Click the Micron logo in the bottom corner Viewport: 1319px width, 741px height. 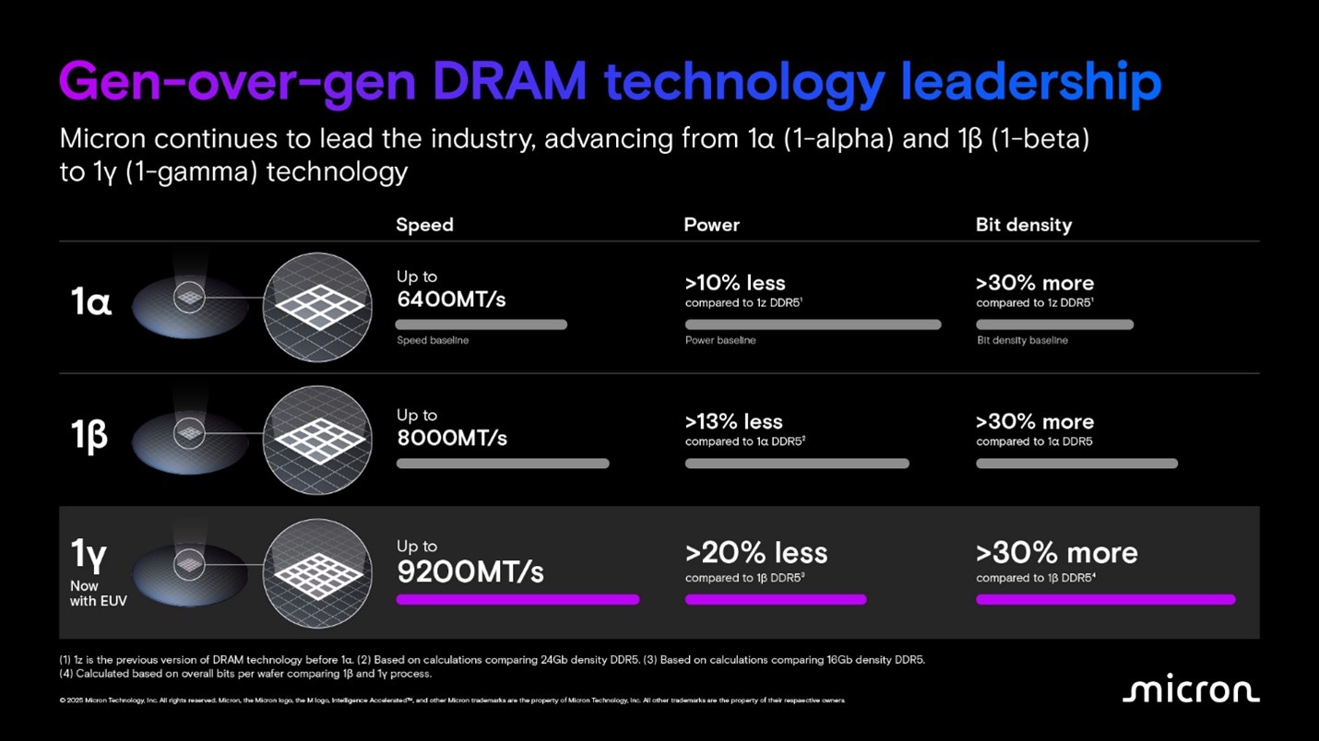1190,691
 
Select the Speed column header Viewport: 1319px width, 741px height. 424,225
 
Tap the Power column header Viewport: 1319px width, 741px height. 711,225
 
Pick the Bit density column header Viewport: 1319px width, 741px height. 1023,225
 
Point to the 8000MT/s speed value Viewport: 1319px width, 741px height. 452,438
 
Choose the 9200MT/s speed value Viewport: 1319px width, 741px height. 470,572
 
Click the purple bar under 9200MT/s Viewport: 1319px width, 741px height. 517,600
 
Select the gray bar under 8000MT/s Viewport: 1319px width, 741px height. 503,464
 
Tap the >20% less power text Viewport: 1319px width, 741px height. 756,553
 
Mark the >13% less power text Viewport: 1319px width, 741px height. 733,422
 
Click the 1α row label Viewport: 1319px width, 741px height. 91,302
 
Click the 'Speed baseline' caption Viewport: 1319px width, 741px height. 433,340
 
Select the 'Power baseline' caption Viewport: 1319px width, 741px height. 720,340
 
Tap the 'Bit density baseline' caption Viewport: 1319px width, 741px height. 1022,340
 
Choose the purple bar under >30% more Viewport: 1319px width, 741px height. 1105,600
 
